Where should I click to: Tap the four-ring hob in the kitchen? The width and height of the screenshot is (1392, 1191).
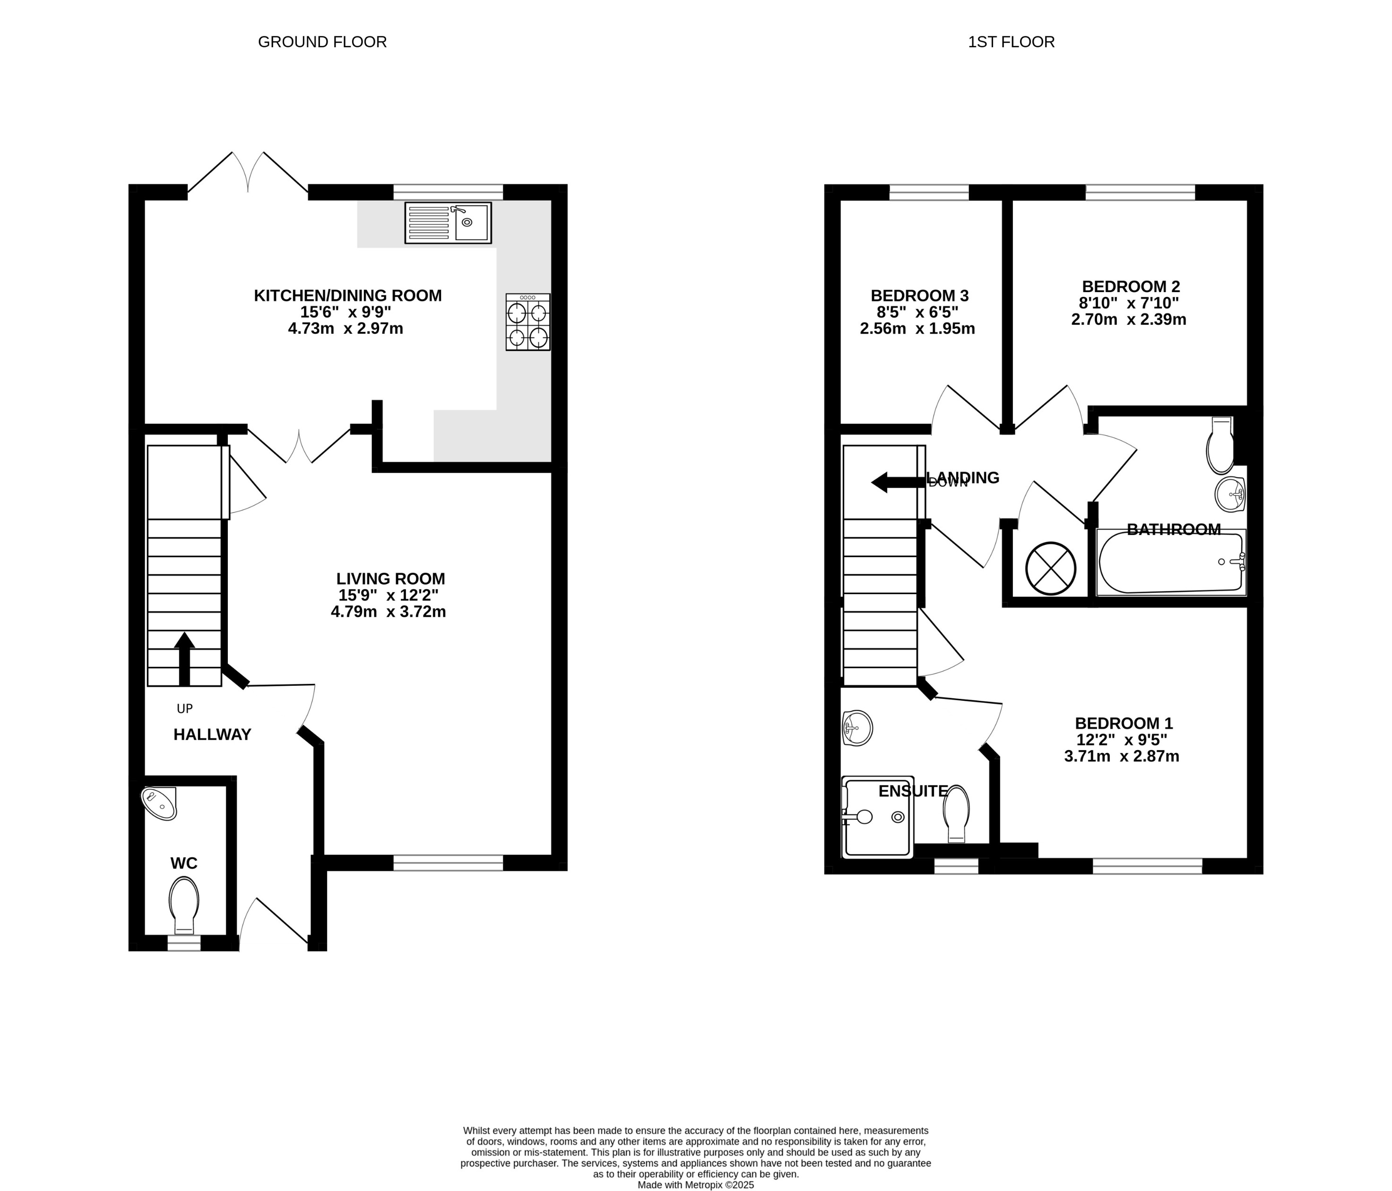(528, 322)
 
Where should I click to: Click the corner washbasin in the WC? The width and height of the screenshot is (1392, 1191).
(160, 803)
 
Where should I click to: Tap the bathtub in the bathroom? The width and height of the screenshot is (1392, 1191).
(1170, 562)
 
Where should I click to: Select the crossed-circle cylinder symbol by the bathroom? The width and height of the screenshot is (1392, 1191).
(1051, 568)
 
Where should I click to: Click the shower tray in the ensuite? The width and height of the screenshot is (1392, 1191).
(877, 817)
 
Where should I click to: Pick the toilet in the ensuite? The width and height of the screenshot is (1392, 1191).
(956, 813)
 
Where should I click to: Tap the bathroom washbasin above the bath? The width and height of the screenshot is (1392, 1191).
(1230, 494)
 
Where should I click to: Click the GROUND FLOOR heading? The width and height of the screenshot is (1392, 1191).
(322, 42)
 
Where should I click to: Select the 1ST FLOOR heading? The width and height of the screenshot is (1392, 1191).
(1011, 42)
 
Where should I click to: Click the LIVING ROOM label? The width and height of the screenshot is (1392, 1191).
(390, 578)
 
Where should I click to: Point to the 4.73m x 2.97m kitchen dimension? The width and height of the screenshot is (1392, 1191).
(346, 328)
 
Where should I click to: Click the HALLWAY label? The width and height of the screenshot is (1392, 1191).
(212, 734)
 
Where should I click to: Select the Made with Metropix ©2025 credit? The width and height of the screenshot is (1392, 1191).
(695, 1185)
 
